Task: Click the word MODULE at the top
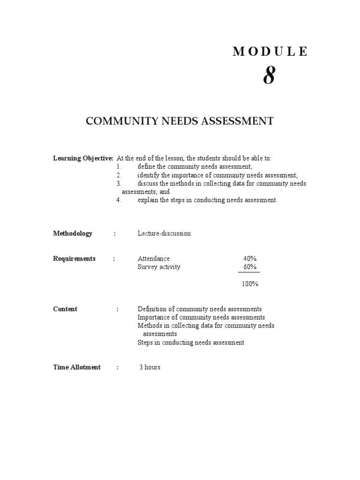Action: (x=270, y=52)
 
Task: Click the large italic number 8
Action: (x=269, y=75)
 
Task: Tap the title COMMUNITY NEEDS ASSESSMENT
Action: (x=180, y=121)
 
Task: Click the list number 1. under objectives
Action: (x=119, y=167)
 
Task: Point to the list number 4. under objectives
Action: (x=119, y=200)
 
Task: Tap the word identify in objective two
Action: (x=148, y=175)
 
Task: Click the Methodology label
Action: (x=73, y=233)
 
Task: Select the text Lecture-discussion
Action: (x=164, y=233)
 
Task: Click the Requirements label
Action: (x=74, y=259)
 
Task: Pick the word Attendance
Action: (x=154, y=259)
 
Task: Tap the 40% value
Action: (x=250, y=259)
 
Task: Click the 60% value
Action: (x=250, y=267)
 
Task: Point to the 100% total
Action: (x=250, y=284)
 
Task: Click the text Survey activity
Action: (x=159, y=267)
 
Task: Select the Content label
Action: (x=65, y=309)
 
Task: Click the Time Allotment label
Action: (x=77, y=367)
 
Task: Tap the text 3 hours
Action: (x=150, y=367)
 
